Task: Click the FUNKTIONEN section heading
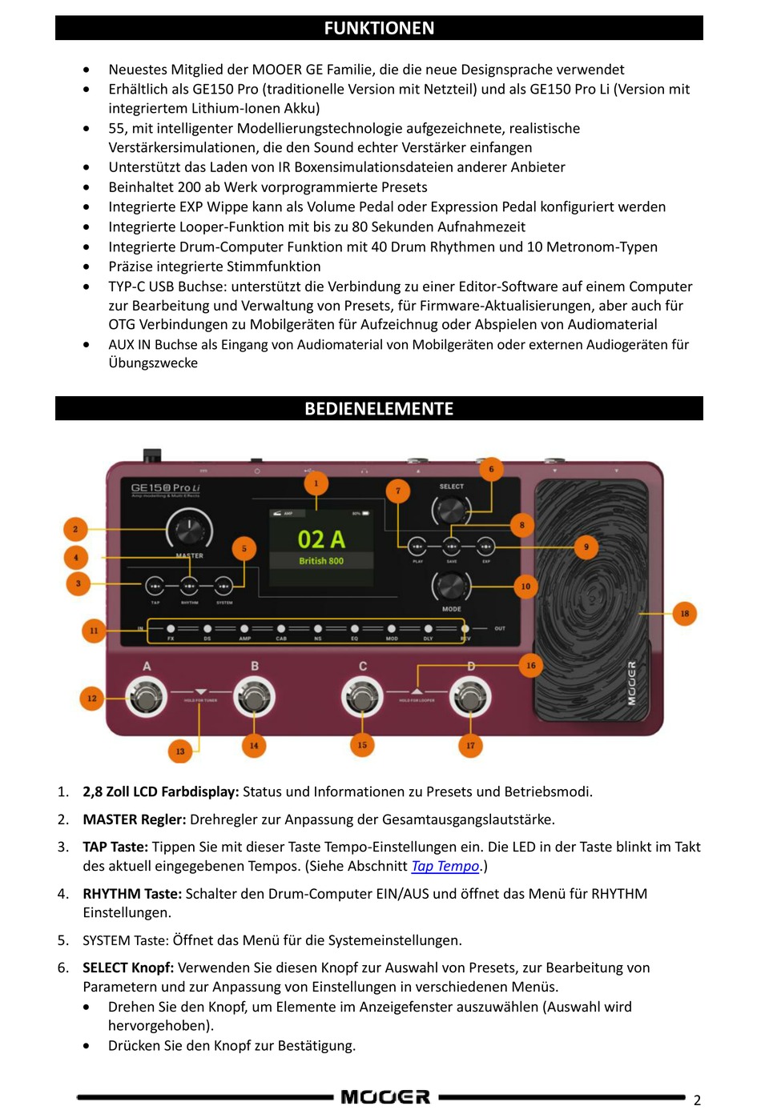coord(379,28)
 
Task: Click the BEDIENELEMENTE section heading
coord(379,408)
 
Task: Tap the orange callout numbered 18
coord(684,614)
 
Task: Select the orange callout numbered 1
coord(316,483)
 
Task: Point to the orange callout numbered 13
coord(180,751)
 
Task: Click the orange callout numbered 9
coord(586,547)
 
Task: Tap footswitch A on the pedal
coord(146,697)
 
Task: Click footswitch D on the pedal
coord(470,697)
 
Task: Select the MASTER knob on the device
coord(189,529)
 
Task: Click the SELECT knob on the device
coord(451,509)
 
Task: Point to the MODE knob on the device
coord(451,587)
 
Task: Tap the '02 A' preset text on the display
coord(321,539)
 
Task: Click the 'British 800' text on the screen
coord(321,561)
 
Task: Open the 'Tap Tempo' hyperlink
coord(445,866)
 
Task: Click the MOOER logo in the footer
coord(385,1096)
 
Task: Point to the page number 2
coord(697,1100)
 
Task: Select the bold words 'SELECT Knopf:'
coord(128,968)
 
